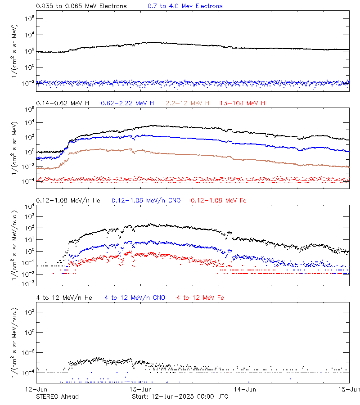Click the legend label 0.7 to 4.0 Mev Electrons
tap(185, 6)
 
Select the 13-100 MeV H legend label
tap(243, 103)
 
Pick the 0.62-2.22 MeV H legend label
tap(127, 103)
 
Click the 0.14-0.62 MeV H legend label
tap(63, 103)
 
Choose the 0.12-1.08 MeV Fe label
tap(219, 200)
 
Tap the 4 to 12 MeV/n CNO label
tap(135, 297)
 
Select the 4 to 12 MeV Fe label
tap(200, 297)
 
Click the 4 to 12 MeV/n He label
tap(64, 297)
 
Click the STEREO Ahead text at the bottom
tap(57, 396)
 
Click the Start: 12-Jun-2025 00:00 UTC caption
tap(180, 396)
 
